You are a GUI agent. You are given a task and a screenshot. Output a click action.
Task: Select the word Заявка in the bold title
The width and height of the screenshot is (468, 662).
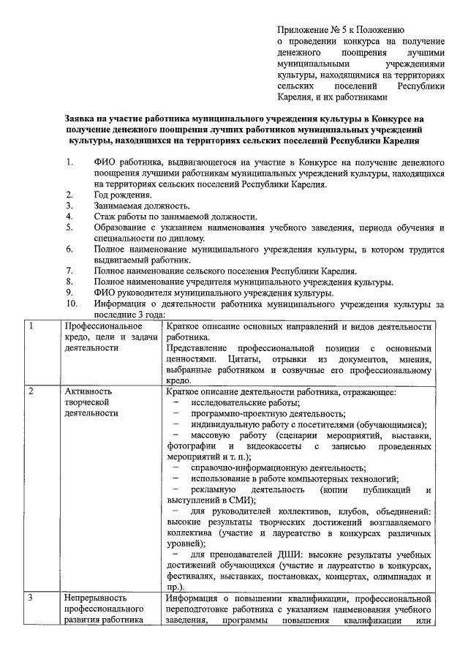(81, 118)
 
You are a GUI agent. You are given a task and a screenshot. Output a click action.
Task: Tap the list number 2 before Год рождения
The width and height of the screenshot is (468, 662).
(69, 195)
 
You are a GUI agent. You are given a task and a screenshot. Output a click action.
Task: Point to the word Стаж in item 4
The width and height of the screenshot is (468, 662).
(105, 217)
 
